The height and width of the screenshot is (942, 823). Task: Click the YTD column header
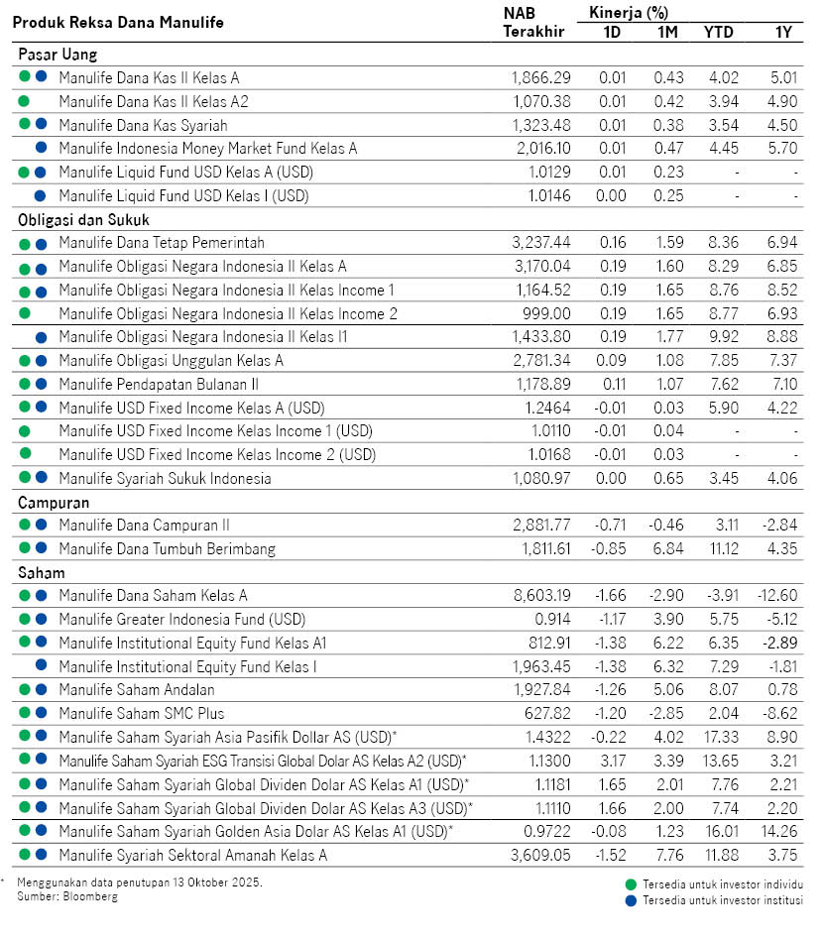719,32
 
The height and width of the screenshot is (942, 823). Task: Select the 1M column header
668,32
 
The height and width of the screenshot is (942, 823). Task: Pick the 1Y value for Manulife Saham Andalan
783,690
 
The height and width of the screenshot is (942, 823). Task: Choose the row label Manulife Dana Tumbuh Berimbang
167,548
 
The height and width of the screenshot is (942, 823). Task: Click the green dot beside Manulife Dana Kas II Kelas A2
25,101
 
